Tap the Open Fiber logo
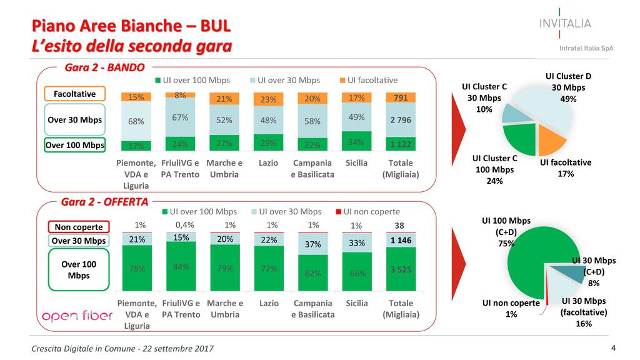[77, 316]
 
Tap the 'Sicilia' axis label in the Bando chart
[356, 162]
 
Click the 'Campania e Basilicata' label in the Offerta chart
[312, 309]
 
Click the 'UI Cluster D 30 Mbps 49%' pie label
[567, 87]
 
